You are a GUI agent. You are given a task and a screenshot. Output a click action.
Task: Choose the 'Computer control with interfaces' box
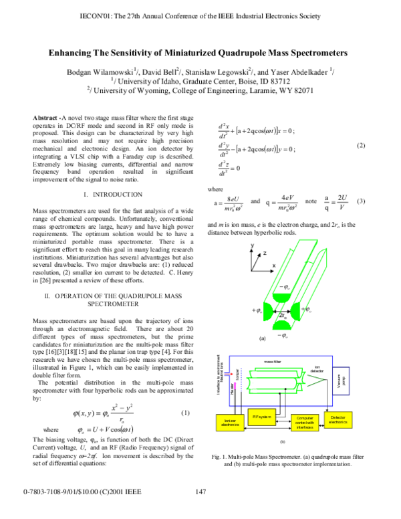pyautogui.click(x=301, y=423)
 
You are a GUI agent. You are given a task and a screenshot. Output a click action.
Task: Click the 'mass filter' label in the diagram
pyautogui.click(x=272, y=361)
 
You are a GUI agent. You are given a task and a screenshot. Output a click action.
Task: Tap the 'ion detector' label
pyautogui.click(x=318, y=368)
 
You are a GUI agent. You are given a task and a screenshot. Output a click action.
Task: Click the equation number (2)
pyautogui.click(x=362, y=145)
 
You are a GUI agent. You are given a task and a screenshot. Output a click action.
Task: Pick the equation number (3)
pyautogui.click(x=362, y=201)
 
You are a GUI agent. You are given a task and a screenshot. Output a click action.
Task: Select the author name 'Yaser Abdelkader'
pyautogui.click(x=302, y=71)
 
